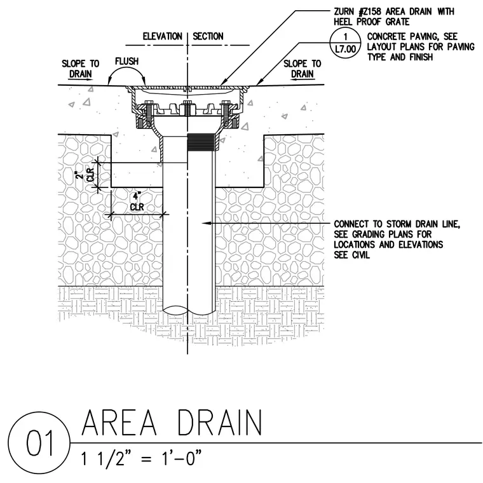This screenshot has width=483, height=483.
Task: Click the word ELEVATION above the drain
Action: coord(162,36)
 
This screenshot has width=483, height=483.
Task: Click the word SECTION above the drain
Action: coord(208,36)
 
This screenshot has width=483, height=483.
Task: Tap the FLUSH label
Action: coord(127,61)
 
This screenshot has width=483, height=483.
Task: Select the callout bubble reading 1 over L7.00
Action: coord(345,43)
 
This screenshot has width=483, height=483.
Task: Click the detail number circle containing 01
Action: coord(39,443)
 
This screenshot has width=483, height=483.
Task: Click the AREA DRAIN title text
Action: coord(172,422)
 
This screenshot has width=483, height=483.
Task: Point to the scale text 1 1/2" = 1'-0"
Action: coord(141,458)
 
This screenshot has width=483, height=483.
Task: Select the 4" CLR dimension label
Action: coord(137,201)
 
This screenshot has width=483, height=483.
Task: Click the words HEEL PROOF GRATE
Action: coord(372,22)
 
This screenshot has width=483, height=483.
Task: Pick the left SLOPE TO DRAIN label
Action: coord(81,69)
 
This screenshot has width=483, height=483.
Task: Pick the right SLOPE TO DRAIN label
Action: coord(302,69)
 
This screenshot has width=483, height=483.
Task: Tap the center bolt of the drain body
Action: coord(187,108)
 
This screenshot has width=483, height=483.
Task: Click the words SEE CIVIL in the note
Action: coord(352,255)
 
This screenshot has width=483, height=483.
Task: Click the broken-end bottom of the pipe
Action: coord(189,310)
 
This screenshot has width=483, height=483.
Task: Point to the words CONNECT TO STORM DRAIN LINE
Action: coord(397,224)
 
